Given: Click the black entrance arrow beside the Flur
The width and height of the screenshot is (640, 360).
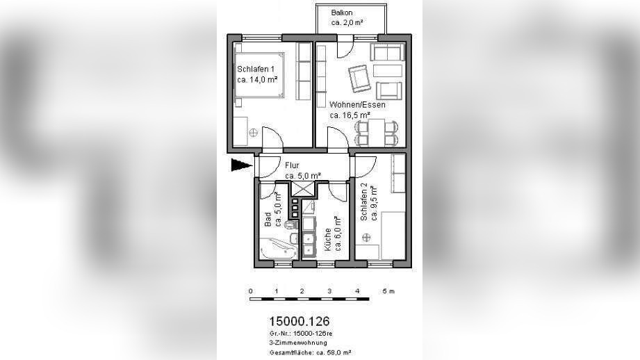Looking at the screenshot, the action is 242,165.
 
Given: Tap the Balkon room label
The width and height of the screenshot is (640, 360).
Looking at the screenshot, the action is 342,13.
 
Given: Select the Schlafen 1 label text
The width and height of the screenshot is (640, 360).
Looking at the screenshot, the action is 256,69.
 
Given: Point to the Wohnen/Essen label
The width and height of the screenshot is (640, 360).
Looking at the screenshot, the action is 358,104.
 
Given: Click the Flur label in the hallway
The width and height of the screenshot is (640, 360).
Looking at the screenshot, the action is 293,165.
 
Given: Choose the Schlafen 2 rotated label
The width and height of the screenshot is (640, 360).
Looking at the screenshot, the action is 364,202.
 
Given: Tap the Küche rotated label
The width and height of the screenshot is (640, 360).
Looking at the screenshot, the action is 327,239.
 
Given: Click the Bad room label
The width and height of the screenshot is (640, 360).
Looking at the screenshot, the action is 268,220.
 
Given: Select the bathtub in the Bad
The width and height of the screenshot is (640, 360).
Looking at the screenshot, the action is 279,248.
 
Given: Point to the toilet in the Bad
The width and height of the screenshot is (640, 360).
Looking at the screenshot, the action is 291,225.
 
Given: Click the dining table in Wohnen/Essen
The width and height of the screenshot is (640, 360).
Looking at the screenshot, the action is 377,133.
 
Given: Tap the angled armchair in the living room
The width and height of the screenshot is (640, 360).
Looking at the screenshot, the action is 359,79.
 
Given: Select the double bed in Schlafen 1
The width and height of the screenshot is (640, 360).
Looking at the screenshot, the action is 259,75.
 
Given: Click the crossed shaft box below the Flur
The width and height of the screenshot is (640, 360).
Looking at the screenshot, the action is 302,190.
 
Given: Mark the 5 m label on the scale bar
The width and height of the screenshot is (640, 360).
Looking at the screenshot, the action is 388,291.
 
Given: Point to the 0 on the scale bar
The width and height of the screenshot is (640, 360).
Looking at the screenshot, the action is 250,291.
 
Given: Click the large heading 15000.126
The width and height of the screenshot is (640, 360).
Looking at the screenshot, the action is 300,321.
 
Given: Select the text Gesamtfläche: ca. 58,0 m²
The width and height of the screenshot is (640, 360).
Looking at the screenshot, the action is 310,352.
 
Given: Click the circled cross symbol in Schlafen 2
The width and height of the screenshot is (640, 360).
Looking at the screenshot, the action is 366,237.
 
